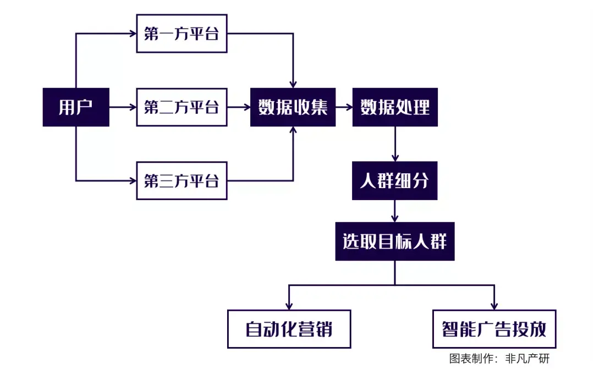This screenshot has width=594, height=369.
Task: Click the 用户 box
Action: click(x=76, y=107)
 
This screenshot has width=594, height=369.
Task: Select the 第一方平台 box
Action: click(x=182, y=34)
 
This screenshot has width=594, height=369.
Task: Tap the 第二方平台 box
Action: click(x=182, y=107)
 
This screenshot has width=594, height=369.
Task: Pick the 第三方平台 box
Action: click(x=182, y=180)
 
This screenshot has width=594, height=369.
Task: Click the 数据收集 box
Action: click(x=293, y=107)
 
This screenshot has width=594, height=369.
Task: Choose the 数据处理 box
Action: click(x=395, y=107)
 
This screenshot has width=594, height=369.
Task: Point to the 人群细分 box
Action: click(x=395, y=180)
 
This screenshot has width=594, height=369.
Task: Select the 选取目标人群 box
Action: click(x=395, y=241)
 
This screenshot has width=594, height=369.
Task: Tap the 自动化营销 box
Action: click(x=289, y=329)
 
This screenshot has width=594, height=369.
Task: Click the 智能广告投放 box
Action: click(x=494, y=329)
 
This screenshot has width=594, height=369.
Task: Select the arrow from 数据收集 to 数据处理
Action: click(x=344, y=107)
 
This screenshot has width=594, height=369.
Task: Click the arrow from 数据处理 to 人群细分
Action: click(x=395, y=144)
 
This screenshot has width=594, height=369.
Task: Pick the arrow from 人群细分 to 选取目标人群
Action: click(x=395, y=211)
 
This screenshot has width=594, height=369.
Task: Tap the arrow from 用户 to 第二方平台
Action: click(x=123, y=107)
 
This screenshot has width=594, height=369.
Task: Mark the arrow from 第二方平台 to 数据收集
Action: click(x=239, y=107)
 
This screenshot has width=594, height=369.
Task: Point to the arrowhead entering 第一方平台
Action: click(x=133, y=34)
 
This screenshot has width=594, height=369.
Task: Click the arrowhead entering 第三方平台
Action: click(x=133, y=180)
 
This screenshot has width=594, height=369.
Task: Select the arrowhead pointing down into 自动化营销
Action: click(x=289, y=305)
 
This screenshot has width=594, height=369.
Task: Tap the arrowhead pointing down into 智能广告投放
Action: click(x=494, y=305)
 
